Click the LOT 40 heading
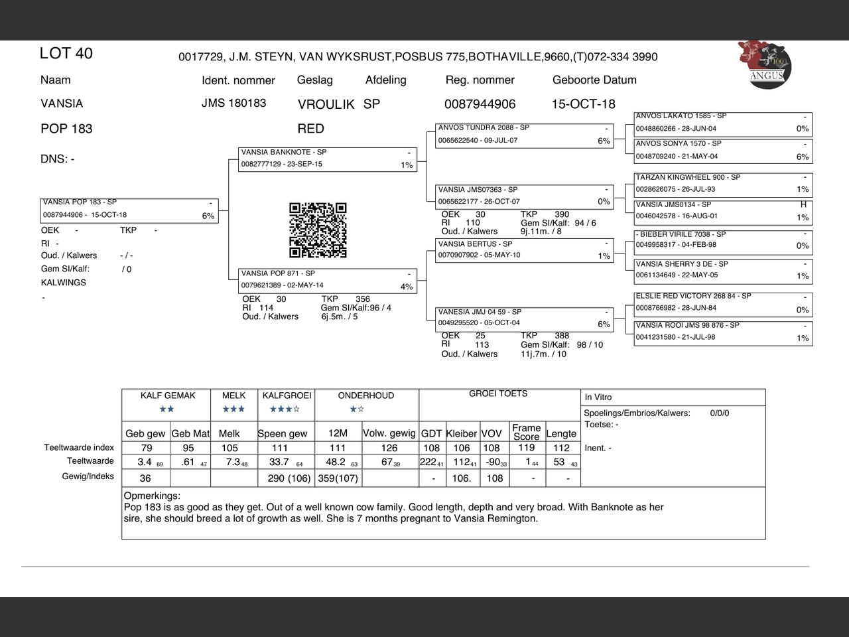click(66, 54)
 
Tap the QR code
click(318, 230)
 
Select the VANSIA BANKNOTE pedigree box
click(328, 159)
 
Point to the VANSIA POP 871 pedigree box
click(328, 281)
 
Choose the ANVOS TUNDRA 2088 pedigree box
click(524, 135)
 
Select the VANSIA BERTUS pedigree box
click(524, 250)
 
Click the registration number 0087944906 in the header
click(480, 104)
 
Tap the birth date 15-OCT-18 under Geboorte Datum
click(583, 104)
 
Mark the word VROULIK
click(326, 105)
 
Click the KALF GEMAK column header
click(168, 395)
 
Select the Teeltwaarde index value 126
click(389, 448)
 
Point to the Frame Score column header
click(526, 432)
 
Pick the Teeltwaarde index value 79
click(147, 448)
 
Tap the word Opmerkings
click(152, 496)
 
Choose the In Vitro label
click(598, 397)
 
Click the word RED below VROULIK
click(310, 129)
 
